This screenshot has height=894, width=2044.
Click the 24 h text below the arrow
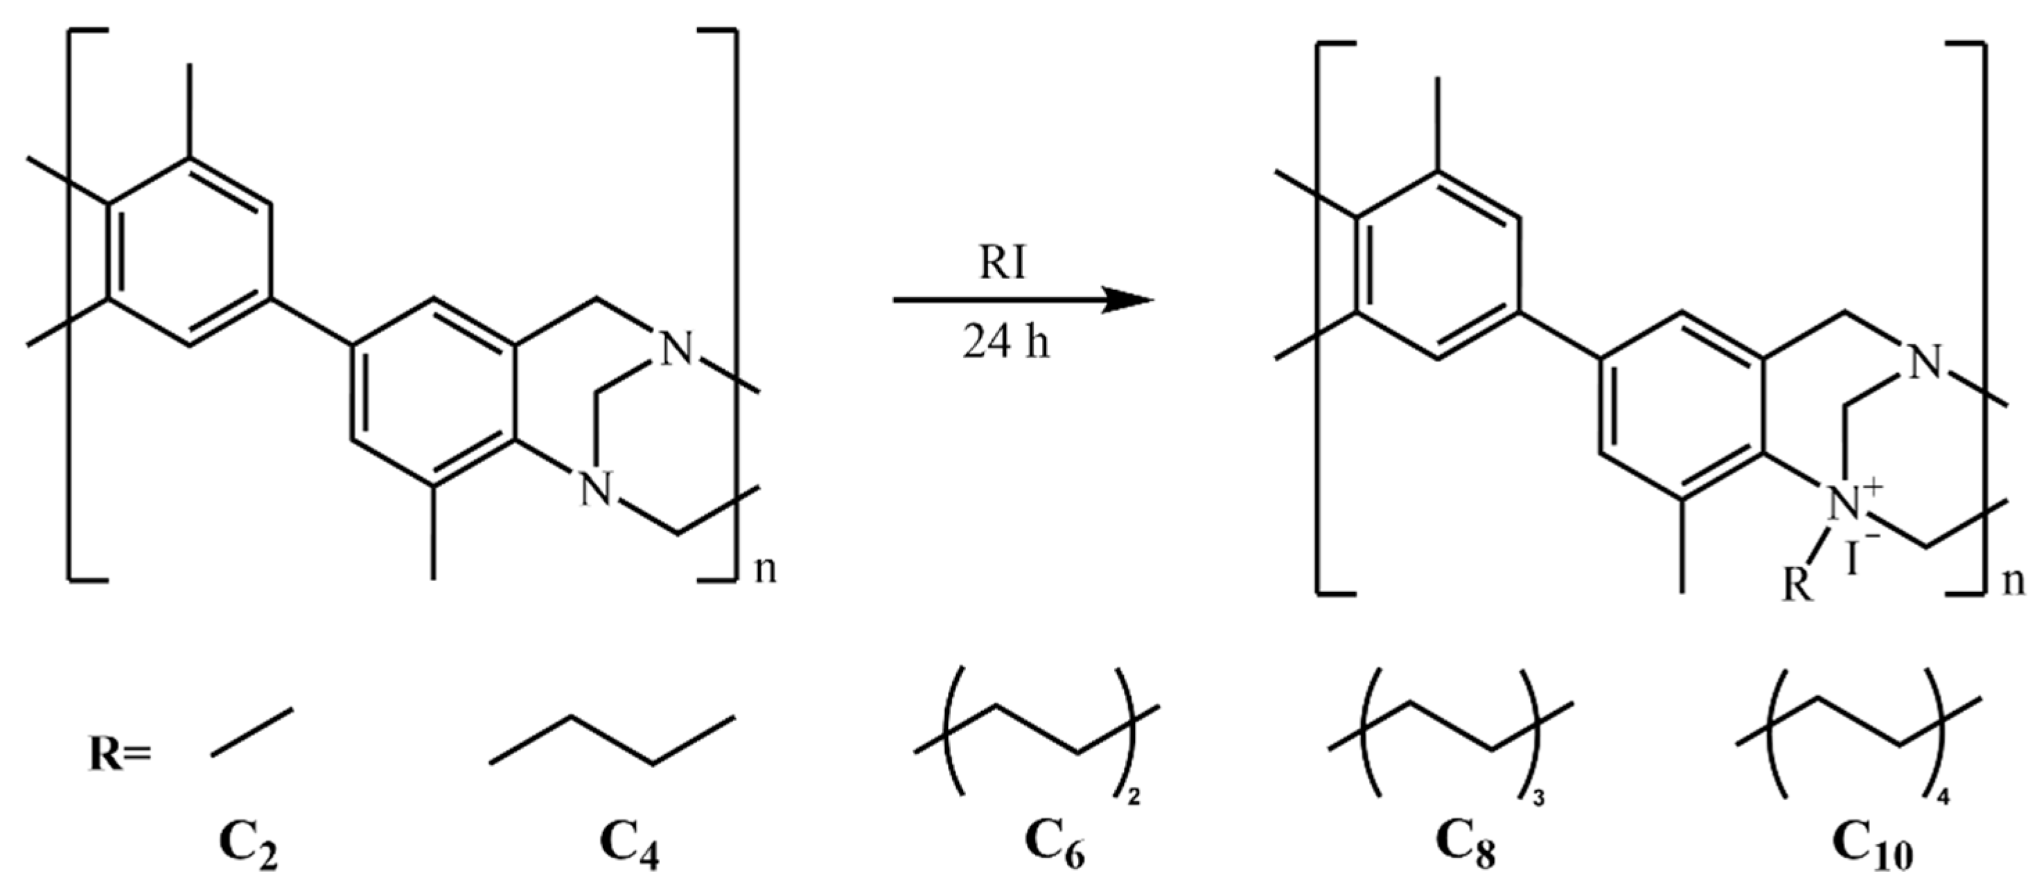1006,343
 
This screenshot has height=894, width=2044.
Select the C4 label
628,850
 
